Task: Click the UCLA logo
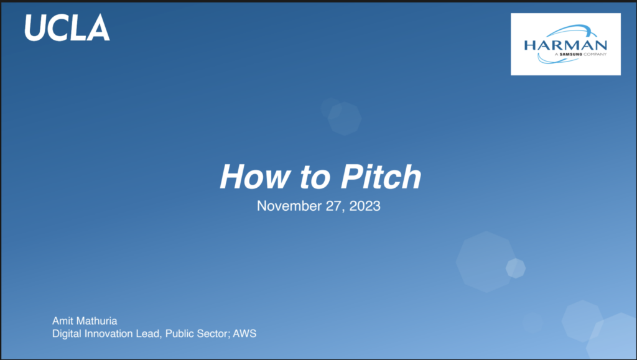(x=67, y=27)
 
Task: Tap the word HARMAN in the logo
(x=565, y=45)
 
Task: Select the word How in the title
(x=255, y=177)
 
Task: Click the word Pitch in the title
(x=381, y=177)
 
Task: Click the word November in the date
(x=289, y=206)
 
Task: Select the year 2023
(x=365, y=206)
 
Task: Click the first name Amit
(x=63, y=321)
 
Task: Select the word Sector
(x=214, y=334)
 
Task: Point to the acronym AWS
(x=244, y=334)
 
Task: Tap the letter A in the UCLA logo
(x=99, y=28)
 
